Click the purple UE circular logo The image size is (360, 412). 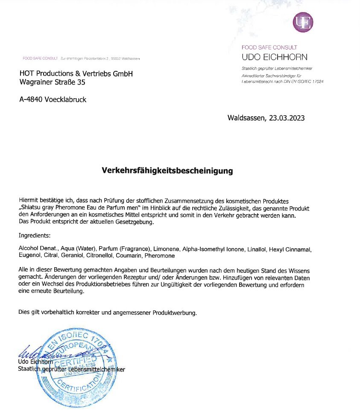coord(303,22)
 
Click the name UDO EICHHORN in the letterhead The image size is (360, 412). coord(274,57)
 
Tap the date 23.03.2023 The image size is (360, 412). coord(287,118)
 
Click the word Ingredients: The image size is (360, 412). coord(35,235)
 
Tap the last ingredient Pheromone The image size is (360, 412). coord(160,256)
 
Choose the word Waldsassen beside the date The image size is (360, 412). coord(247,118)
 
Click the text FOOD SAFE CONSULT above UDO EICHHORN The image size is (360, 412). coord(269,47)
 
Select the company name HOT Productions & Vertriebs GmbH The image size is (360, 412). coord(76,73)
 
